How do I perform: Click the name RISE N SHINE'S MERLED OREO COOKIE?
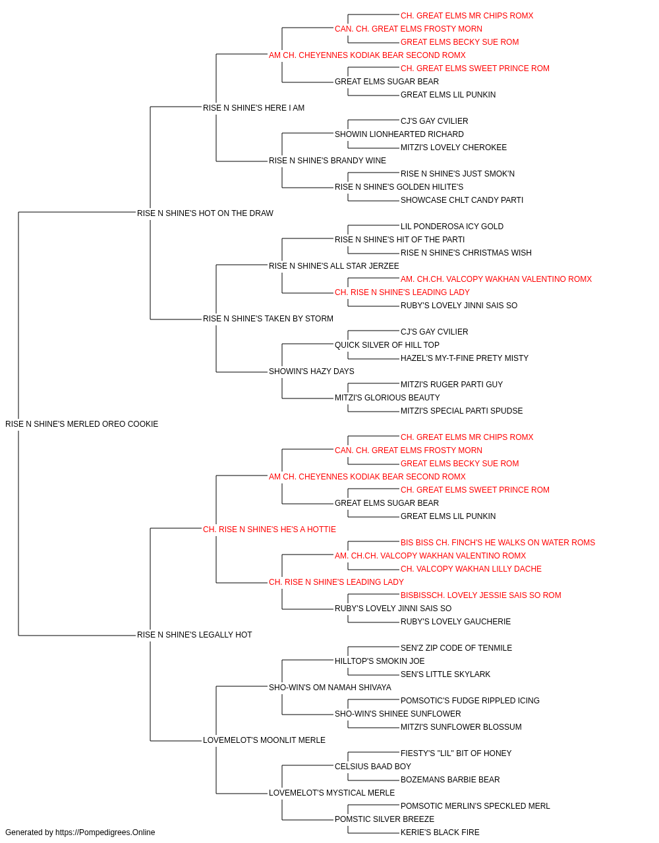pos(82,424)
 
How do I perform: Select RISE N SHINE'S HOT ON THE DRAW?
pos(205,213)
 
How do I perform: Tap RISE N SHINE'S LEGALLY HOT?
pos(194,635)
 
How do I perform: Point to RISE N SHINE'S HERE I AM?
pos(254,108)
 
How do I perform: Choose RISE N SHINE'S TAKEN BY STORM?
pos(268,319)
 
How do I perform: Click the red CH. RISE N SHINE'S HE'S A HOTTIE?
pos(270,530)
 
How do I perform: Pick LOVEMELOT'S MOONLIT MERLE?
pos(264,740)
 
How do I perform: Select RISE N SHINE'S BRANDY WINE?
pos(327,161)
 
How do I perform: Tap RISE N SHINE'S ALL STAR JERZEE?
pos(333,266)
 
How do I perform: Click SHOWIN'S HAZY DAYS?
pos(311,371)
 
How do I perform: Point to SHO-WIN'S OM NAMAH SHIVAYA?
pos(330,688)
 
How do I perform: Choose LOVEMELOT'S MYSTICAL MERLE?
pos(331,793)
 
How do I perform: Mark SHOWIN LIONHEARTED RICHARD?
pos(399,134)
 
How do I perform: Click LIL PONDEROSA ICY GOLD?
pos(452,227)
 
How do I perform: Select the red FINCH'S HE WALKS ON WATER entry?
pos(498,543)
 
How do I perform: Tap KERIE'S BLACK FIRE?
pos(440,832)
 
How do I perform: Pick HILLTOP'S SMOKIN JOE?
pos(380,661)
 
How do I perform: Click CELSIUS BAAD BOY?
pos(372,767)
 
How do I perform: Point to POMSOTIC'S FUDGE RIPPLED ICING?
pos(470,701)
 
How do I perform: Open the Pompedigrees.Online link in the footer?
pos(105,832)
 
